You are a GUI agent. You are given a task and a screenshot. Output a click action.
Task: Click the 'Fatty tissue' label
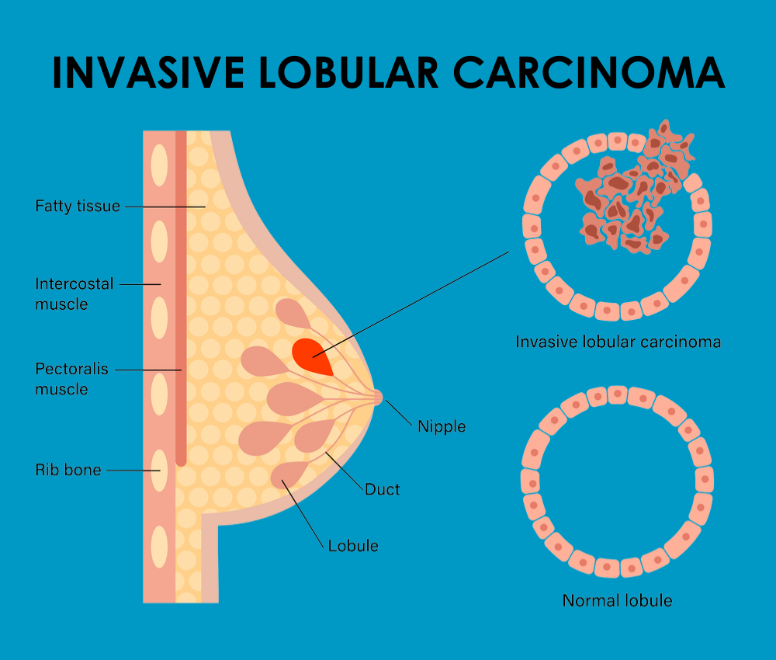(x=78, y=207)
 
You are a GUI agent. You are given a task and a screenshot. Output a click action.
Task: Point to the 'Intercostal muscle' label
(x=74, y=294)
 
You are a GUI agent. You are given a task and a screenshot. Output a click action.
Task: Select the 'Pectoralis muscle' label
(x=71, y=378)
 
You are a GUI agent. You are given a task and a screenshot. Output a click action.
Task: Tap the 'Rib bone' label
(x=68, y=470)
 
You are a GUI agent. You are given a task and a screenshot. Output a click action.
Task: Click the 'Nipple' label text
(x=442, y=426)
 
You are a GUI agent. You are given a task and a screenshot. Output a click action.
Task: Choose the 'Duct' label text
(x=383, y=489)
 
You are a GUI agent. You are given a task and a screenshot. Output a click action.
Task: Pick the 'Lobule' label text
(x=353, y=546)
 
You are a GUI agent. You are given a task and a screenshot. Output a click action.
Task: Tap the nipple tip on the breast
(x=378, y=397)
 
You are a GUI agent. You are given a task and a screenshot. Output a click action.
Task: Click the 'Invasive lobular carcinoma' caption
(x=618, y=342)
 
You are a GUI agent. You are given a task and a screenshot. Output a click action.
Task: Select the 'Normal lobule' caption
(x=617, y=600)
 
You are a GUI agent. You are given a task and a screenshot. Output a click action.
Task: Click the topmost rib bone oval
(x=159, y=165)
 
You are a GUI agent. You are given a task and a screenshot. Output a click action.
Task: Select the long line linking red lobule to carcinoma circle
(x=411, y=304)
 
